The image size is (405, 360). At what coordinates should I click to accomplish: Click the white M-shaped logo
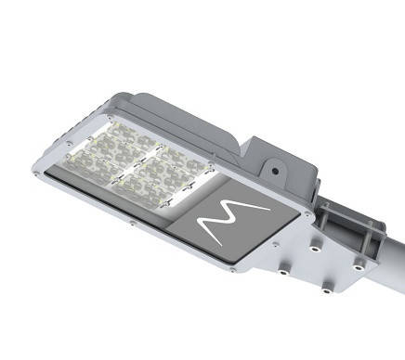pos(234,220)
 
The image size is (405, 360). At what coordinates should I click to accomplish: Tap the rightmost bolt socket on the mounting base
pos(357,267)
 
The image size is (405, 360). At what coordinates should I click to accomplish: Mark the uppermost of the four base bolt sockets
pos(316,249)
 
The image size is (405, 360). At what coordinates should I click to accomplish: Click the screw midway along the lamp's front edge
pos(132,224)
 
